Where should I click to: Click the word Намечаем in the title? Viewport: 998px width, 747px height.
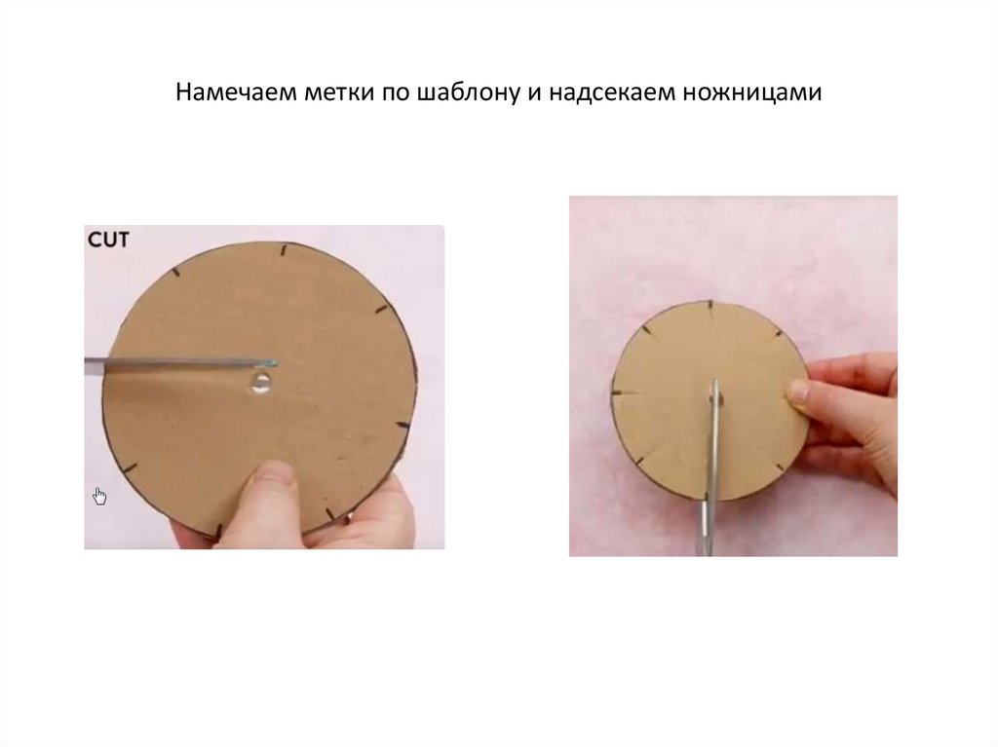236,93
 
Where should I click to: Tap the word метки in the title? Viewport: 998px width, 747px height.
338,93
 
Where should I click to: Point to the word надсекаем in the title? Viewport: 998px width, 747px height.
611,93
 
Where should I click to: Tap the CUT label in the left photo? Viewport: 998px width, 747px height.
108,240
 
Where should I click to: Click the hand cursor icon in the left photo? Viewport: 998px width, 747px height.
100,497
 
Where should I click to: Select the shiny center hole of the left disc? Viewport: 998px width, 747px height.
261,383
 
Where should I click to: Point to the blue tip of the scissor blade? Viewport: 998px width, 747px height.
272,363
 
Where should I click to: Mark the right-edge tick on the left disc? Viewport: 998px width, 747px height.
403,425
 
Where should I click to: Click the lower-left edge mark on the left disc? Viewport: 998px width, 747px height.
130,469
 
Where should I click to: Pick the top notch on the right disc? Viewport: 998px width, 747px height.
710,308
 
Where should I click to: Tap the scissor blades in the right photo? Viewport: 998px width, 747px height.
711,467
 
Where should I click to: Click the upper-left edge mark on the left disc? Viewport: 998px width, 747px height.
175,273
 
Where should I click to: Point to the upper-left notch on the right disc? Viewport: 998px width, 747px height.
646,331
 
